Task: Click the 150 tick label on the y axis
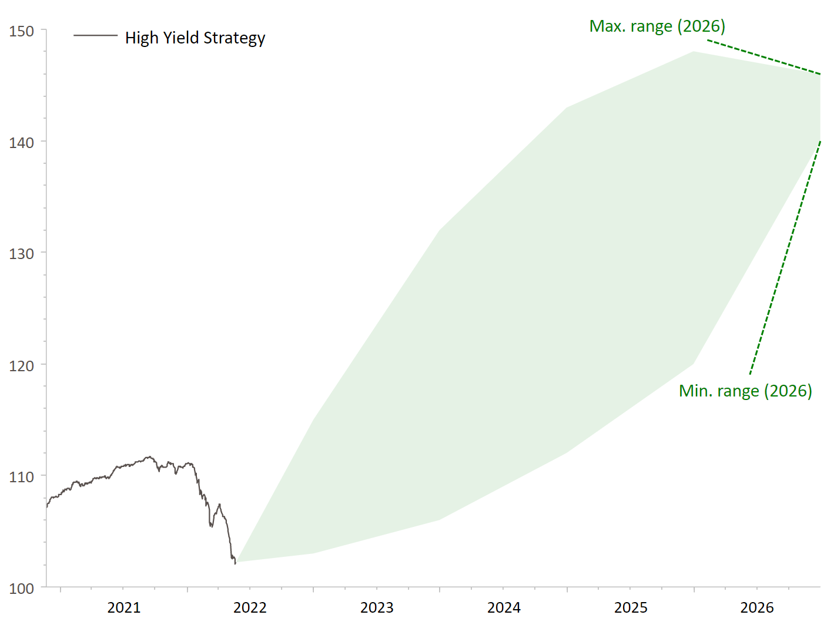(x=21, y=31)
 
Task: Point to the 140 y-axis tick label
(x=21, y=143)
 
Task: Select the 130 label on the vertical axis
(x=21, y=254)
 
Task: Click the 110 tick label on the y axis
(x=21, y=477)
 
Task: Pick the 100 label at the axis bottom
(x=21, y=589)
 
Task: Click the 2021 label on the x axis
(x=124, y=607)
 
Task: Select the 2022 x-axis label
(x=250, y=607)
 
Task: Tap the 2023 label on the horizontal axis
(x=377, y=607)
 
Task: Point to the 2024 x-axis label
(x=504, y=607)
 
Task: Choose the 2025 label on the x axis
(x=631, y=607)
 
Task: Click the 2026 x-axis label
(x=757, y=607)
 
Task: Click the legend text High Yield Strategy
(x=195, y=38)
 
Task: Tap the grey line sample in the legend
(x=95, y=36)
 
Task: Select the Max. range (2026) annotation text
(x=657, y=26)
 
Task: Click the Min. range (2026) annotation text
(x=745, y=391)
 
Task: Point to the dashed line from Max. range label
(x=764, y=57)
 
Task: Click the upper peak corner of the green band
(x=694, y=52)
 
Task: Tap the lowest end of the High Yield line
(x=235, y=563)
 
